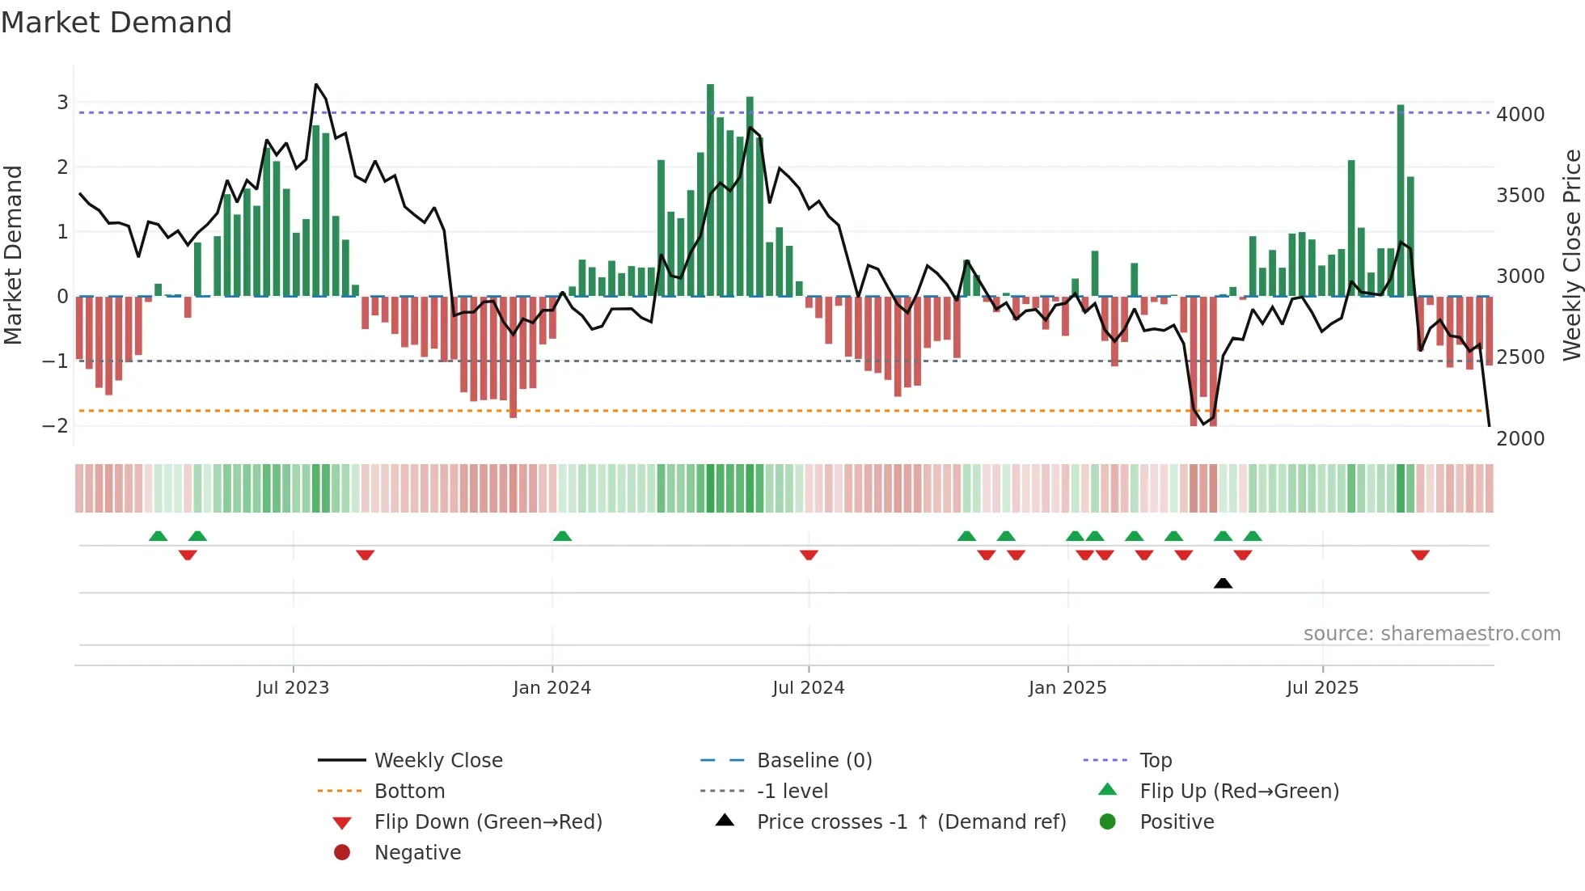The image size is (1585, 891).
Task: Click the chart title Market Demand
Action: click(x=116, y=23)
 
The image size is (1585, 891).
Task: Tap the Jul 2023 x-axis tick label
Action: click(x=293, y=688)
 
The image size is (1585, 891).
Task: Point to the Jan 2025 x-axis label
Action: click(x=1067, y=688)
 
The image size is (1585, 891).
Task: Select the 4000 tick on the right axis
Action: click(x=1520, y=115)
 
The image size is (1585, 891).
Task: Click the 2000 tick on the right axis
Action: click(x=1520, y=439)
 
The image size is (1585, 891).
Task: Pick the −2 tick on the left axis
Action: click(x=55, y=425)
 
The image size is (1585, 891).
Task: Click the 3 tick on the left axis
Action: click(x=62, y=102)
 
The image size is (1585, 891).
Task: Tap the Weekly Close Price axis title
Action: click(x=1571, y=255)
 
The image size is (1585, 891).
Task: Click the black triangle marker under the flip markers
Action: click(x=1223, y=583)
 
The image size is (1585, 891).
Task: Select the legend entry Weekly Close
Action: click(x=438, y=761)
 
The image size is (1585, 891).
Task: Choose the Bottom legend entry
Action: click(x=409, y=792)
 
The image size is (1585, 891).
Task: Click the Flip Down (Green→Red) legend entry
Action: click(x=488, y=822)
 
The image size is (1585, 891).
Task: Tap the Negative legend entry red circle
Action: click(x=342, y=853)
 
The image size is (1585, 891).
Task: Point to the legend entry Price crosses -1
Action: click(x=911, y=822)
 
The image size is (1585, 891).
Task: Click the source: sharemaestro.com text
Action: click(x=1431, y=634)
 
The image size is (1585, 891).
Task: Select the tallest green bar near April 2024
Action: click(x=710, y=190)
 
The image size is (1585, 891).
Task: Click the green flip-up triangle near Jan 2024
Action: click(x=562, y=536)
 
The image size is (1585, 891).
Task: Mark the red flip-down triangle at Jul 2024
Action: click(x=809, y=555)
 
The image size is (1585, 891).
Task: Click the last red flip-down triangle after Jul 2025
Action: click(x=1420, y=555)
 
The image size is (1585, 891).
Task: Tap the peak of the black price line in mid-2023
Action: click(x=316, y=85)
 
